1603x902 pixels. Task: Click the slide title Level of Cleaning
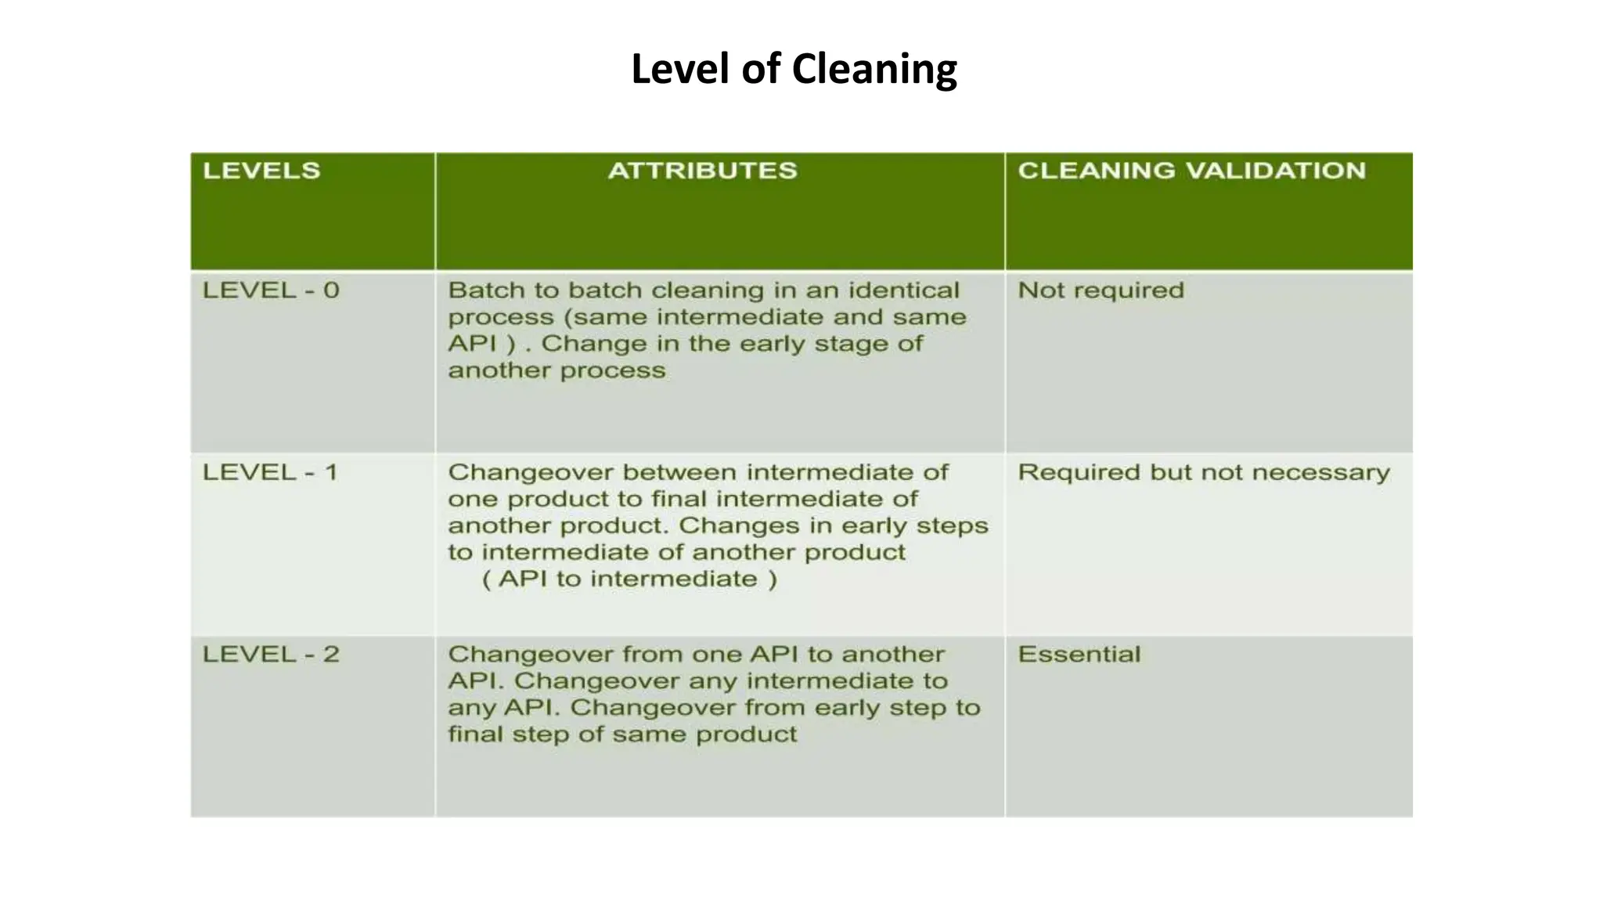(794, 69)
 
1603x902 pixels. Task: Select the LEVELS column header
(261, 171)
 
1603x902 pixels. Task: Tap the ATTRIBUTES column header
(702, 171)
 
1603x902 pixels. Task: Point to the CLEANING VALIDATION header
(1191, 171)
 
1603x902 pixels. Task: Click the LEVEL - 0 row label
(271, 290)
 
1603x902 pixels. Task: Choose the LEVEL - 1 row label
(270, 472)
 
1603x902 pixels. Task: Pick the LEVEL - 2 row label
(271, 655)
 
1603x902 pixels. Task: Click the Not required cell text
(1100, 290)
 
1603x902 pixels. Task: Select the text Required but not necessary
(1203, 472)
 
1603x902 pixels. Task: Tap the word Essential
(1079, 655)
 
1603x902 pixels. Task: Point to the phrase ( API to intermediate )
(629, 579)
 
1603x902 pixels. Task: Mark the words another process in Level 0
(557, 370)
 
